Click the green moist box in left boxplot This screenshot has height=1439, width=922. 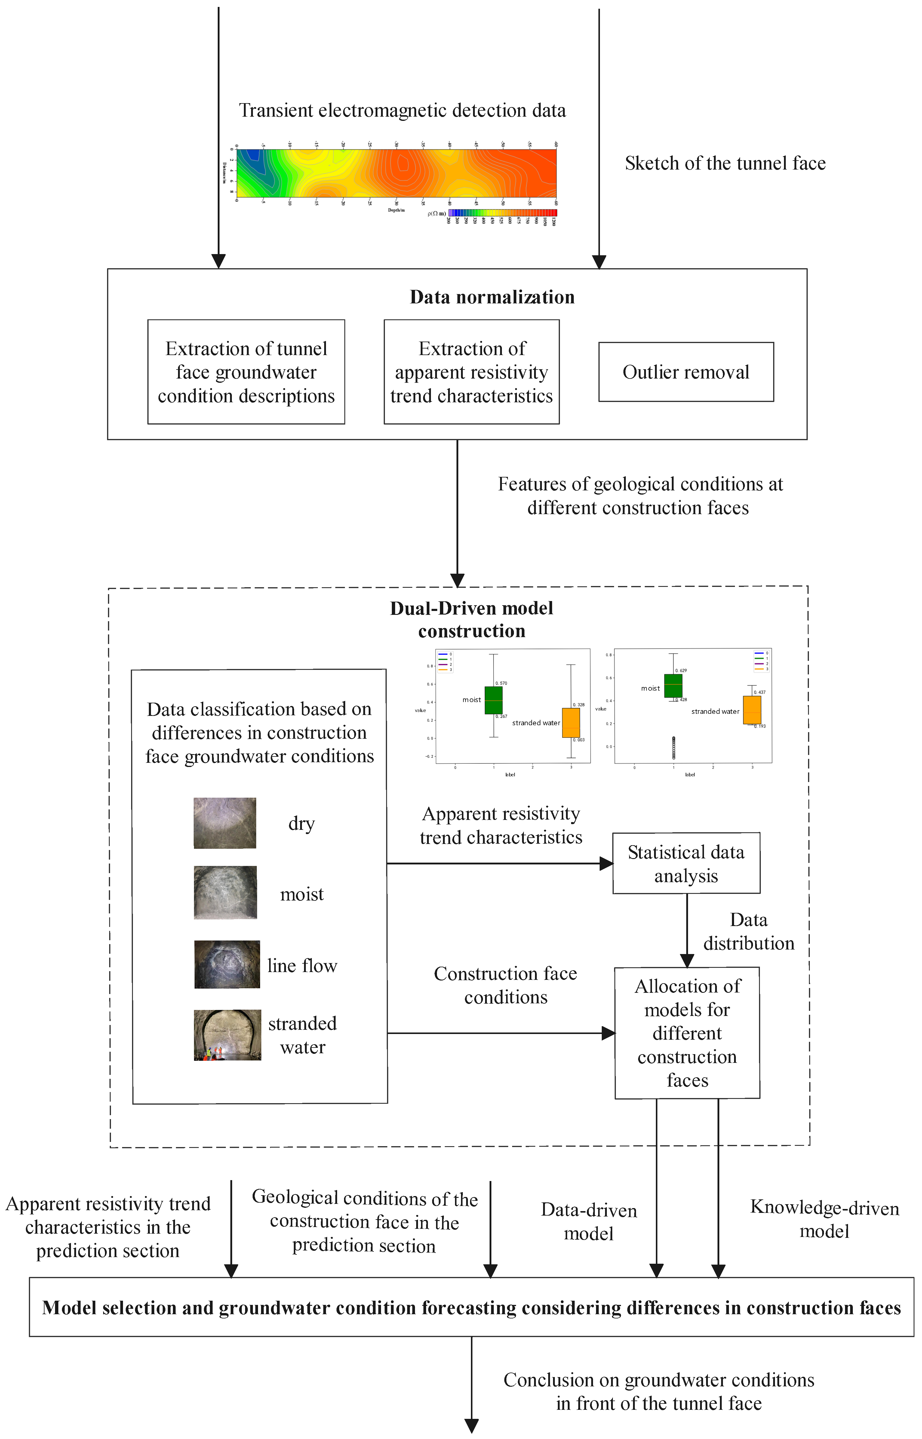click(x=493, y=700)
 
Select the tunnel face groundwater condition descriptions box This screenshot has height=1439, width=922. click(x=246, y=372)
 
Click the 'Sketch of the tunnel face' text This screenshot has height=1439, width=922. click(x=725, y=164)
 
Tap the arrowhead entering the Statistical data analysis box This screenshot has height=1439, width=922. click(x=607, y=863)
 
